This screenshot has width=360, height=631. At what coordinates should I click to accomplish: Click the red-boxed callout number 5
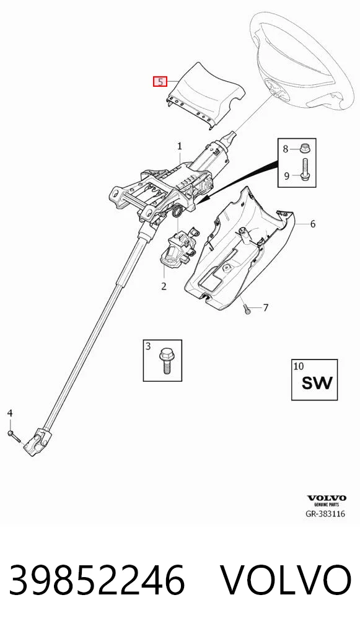coord(160,82)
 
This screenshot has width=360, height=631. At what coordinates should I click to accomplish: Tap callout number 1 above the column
coord(180,146)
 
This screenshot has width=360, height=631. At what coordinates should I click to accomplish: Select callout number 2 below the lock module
coord(164,286)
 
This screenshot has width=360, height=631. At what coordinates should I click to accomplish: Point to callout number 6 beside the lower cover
coord(312,224)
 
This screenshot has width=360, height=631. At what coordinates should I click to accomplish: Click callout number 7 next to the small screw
coord(265,308)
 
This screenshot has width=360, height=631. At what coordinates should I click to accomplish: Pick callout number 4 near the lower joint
coord(10,412)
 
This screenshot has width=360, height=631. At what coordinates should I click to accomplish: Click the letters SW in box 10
coord(317,382)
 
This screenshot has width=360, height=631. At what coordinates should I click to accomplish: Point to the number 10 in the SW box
coord(299,366)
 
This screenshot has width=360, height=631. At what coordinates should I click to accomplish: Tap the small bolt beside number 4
coord(13,436)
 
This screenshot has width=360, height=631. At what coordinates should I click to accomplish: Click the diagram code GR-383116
coord(326,514)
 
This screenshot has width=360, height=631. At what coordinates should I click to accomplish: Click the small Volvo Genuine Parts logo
coord(326,500)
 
